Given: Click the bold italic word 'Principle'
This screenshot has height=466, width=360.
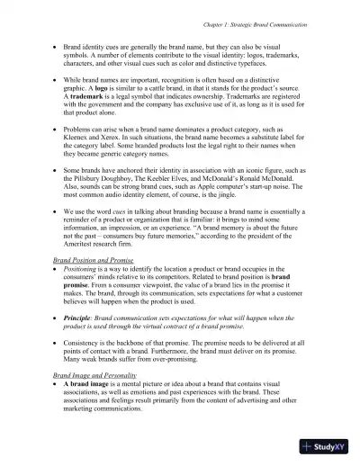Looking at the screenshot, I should coord(83,318).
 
